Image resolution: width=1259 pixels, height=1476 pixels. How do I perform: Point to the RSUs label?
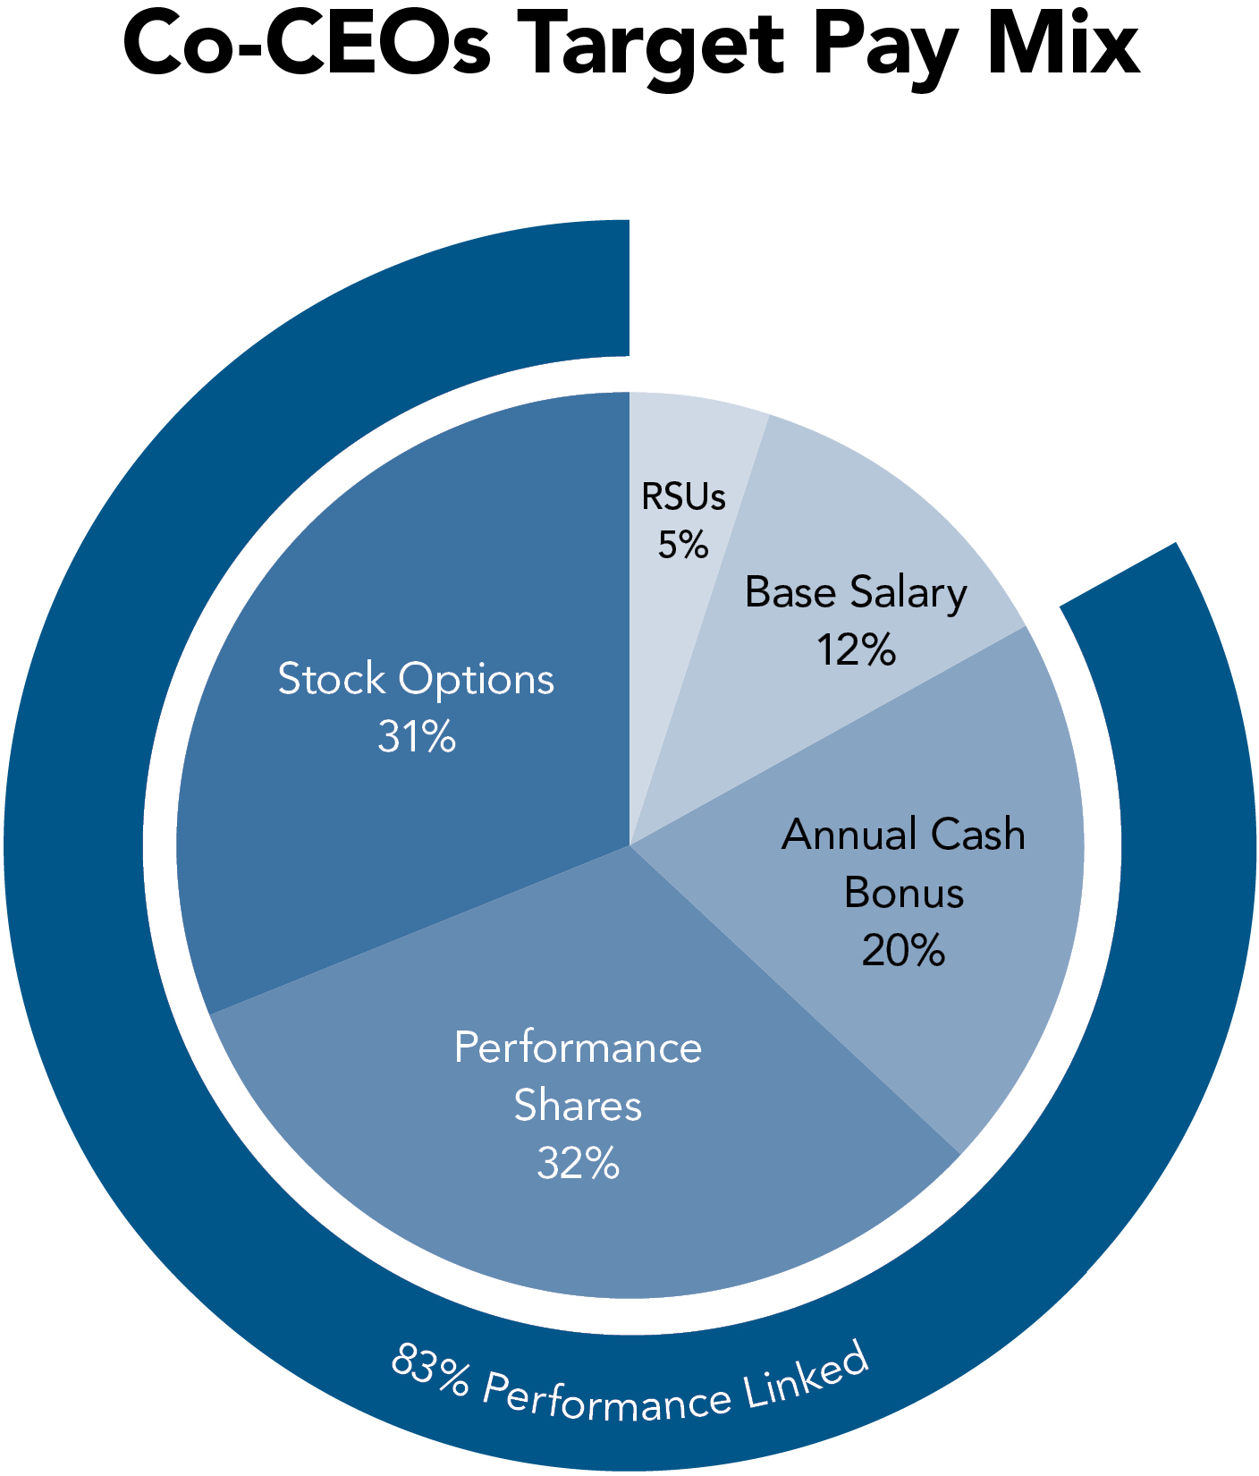683,497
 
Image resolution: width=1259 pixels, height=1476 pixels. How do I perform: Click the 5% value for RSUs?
683,545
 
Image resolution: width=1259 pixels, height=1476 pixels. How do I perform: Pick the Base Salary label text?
856,593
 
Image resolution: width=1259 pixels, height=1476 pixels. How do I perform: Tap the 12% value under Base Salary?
856,650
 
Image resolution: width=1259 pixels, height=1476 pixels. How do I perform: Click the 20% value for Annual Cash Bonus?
903,950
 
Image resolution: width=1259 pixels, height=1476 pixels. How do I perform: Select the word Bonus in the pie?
904,893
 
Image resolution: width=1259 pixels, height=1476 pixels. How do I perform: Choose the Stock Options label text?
416,679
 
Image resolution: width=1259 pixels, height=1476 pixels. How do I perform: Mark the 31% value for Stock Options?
417,737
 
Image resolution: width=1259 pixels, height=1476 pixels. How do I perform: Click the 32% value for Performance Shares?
579,1164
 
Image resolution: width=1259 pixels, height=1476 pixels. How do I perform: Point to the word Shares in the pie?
579,1106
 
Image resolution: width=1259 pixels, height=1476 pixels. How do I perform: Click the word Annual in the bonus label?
849,835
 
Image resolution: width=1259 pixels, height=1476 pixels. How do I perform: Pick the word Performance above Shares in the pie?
579,1048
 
